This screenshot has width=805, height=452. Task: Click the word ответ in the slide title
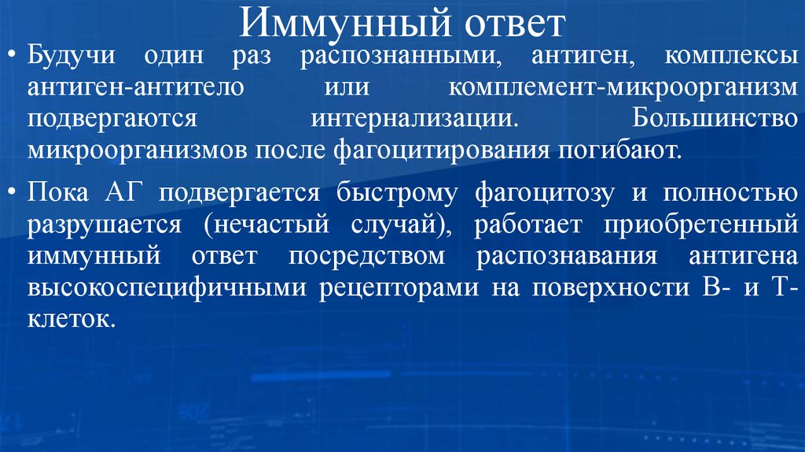511,24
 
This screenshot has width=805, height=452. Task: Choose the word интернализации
415,118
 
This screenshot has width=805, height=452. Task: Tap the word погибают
623,149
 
